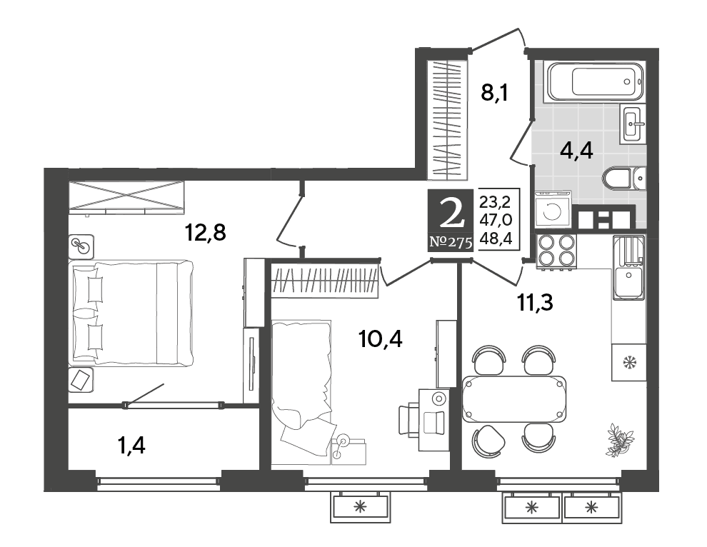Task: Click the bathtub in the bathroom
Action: click(595, 81)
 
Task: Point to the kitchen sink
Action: click(629, 268)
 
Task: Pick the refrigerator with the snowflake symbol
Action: click(628, 362)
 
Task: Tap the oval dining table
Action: click(514, 398)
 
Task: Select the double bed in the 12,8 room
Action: click(131, 313)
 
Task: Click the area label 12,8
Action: click(205, 233)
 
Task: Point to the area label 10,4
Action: click(380, 338)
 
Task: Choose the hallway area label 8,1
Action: click(495, 94)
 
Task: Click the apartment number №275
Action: click(451, 243)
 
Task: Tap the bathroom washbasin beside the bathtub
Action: click(633, 124)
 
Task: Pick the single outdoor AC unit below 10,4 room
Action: click(360, 506)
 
